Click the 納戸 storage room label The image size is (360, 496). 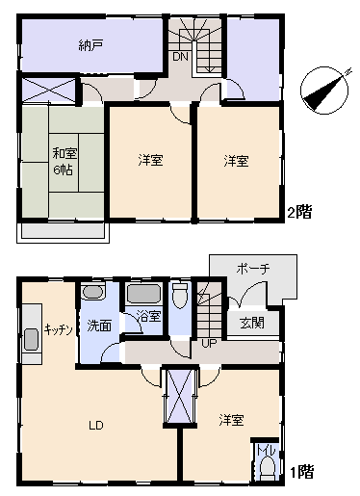[x=90, y=45]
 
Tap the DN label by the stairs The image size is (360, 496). [x=180, y=57]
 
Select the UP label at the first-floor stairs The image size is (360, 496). [x=209, y=344]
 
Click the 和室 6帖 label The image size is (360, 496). [x=64, y=161]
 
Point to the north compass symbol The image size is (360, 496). [x=324, y=91]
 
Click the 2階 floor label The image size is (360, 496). [x=299, y=212]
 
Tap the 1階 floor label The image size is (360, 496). [x=301, y=472]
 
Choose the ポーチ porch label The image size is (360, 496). [x=253, y=269]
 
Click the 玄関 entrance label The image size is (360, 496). [x=252, y=323]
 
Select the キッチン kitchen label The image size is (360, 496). [x=59, y=329]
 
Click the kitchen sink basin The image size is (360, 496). [x=32, y=340]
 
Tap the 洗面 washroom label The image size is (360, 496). [x=99, y=326]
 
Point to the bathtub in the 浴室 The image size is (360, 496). [x=143, y=294]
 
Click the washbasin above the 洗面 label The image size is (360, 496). [x=93, y=292]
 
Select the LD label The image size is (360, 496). [x=96, y=426]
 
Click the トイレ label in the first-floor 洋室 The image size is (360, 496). [x=266, y=451]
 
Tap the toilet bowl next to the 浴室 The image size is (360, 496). [x=180, y=296]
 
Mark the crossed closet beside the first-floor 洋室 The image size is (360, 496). [x=180, y=396]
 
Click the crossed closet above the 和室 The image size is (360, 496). [x=49, y=91]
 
